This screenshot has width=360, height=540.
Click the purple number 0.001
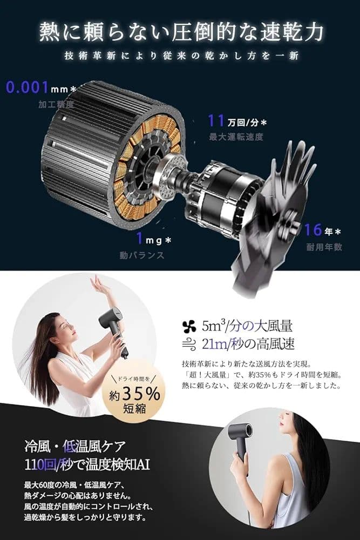[27, 87]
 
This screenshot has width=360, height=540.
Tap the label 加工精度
[56, 104]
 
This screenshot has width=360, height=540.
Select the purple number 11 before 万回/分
[216, 120]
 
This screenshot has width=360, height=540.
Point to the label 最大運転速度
[236, 137]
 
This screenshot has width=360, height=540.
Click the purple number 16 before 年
[313, 230]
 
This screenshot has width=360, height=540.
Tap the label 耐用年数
[324, 247]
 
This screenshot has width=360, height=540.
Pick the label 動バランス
[142, 255]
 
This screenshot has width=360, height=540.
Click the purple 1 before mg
[139, 238]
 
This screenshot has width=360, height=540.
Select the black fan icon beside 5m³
[189, 326]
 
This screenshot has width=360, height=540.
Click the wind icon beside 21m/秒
[189, 343]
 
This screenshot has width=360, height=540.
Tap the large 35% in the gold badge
[141, 393]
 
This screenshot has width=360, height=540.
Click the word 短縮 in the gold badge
[134, 408]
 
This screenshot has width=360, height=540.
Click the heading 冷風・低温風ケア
[75, 447]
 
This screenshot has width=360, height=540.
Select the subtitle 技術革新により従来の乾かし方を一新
[181, 56]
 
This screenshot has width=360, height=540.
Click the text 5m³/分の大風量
[247, 326]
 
